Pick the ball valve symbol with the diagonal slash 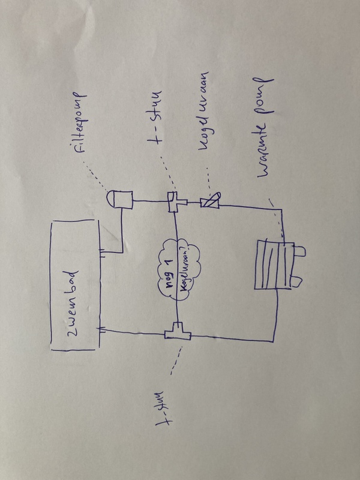pos(211,202)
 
